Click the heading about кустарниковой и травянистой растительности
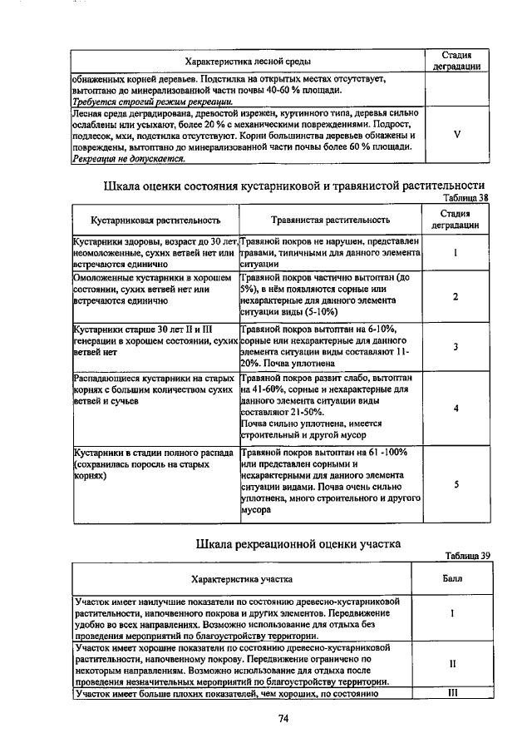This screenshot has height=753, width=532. click(293, 185)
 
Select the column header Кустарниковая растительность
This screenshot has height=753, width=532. click(156, 220)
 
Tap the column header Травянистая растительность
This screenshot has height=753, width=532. click(331, 220)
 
